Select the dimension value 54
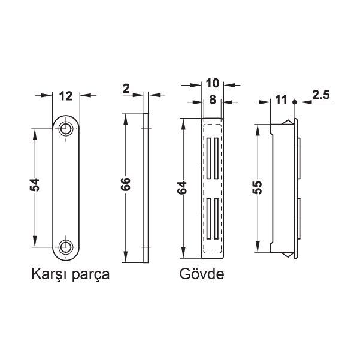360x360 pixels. point(35,186)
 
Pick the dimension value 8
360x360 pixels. point(212,101)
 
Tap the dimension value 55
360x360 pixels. point(257,187)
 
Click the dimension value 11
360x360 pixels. point(280,101)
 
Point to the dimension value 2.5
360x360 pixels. point(321,95)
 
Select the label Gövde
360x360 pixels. point(201,276)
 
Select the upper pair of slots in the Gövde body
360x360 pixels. point(213,158)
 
